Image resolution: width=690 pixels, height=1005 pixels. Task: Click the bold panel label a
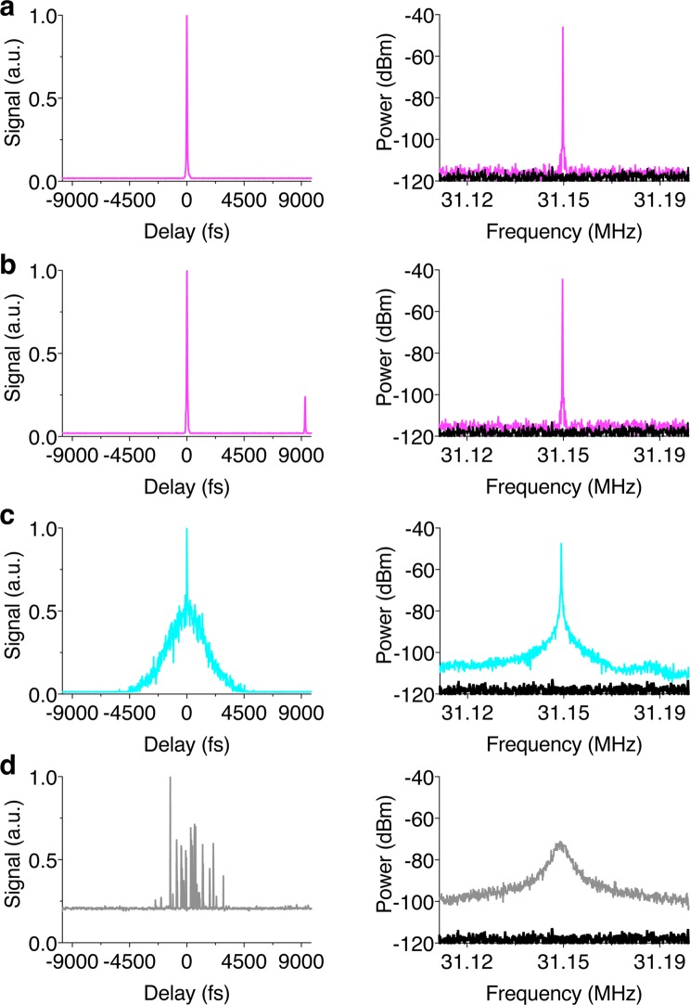pos(9,10)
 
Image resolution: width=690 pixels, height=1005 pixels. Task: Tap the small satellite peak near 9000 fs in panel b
pos(304,398)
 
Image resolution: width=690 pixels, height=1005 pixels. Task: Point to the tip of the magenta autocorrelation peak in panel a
pos(186,17)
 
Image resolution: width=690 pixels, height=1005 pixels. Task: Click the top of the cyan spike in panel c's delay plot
pos(186,531)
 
